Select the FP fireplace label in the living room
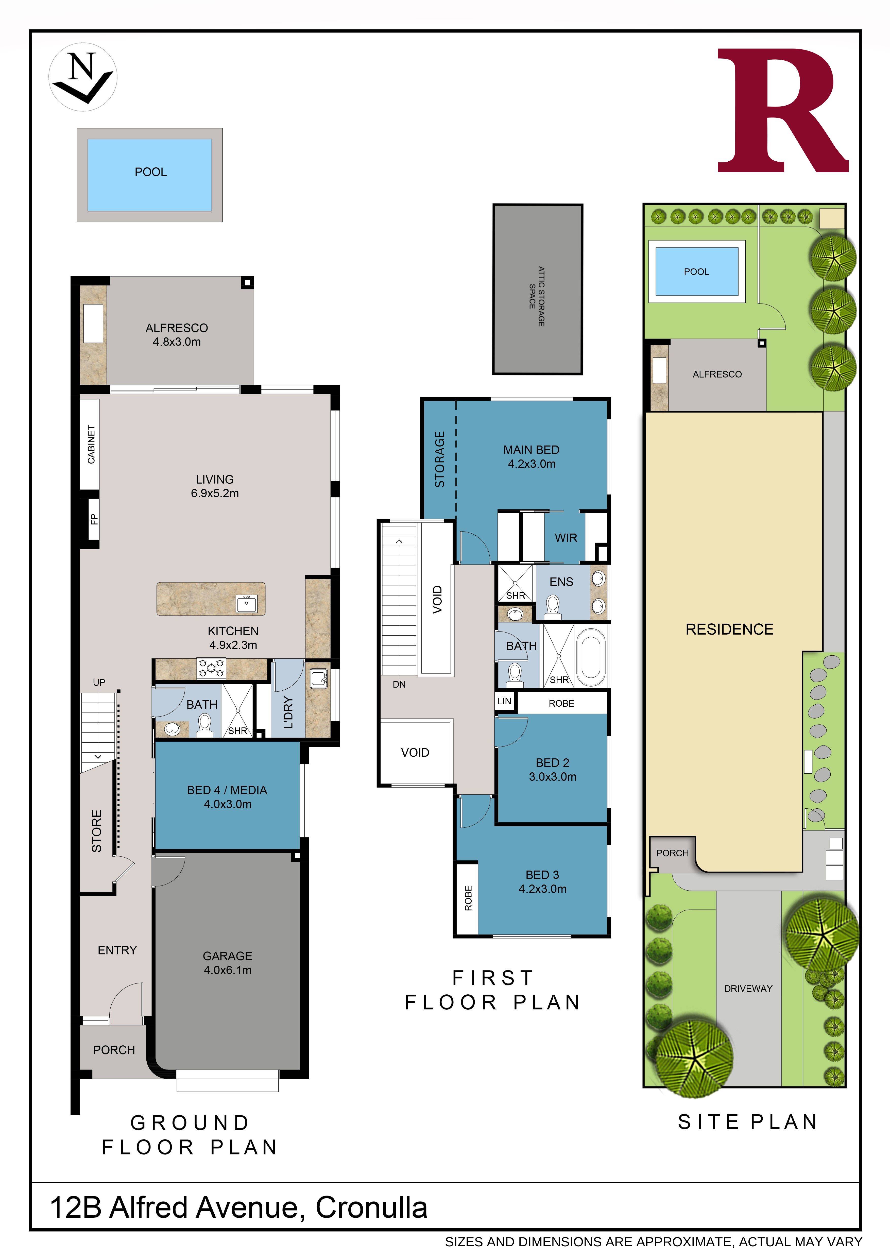pos(94,519)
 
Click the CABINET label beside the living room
pos(91,444)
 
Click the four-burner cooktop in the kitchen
pos(211,668)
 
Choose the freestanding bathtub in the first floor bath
pos(591,656)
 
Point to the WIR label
pos(566,538)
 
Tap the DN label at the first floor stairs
pos(399,684)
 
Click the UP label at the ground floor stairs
pos(99,683)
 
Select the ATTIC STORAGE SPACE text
pos(537,296)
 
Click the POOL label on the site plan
pos(696,272)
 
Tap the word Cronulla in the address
pos(371,1208)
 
